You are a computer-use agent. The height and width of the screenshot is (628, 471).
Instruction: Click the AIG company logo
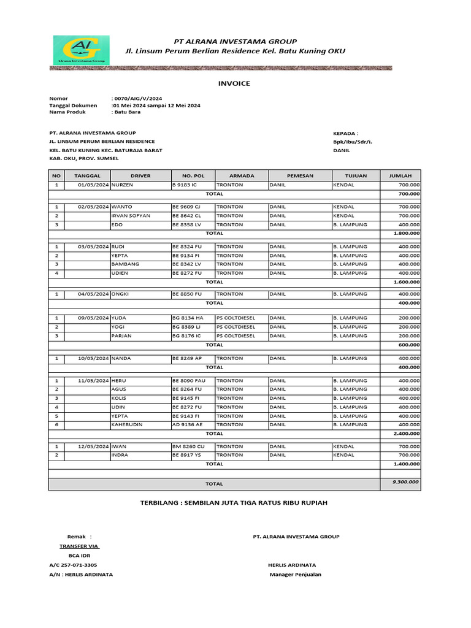point(81,50)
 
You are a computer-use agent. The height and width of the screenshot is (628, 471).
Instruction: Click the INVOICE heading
point(235,83)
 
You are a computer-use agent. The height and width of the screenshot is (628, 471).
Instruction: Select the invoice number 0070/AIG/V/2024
point(137,98)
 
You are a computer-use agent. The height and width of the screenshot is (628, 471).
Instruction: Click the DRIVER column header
point(140,175)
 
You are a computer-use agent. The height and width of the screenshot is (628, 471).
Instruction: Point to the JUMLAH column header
point(400,175)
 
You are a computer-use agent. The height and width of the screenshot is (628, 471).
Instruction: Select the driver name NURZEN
point(122,185)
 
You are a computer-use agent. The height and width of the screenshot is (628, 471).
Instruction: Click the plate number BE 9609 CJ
point(186,207)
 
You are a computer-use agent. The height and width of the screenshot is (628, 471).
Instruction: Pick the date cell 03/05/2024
point(93,247)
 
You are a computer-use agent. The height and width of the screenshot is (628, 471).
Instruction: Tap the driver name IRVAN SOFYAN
point(131,216)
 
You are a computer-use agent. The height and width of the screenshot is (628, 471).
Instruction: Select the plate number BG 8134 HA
point(187,318)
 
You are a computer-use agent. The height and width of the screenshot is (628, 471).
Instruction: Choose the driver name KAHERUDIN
point(129,424)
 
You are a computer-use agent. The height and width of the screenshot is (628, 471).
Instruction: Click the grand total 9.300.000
point(405,482)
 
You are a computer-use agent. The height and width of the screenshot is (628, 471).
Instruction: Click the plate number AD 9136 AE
point(188,424)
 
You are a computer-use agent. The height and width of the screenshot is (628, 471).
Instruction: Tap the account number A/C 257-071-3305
point(73,565)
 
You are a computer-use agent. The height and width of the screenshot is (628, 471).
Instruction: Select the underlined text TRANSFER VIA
point(79,546)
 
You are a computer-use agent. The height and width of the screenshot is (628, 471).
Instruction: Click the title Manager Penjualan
point(295,575)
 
